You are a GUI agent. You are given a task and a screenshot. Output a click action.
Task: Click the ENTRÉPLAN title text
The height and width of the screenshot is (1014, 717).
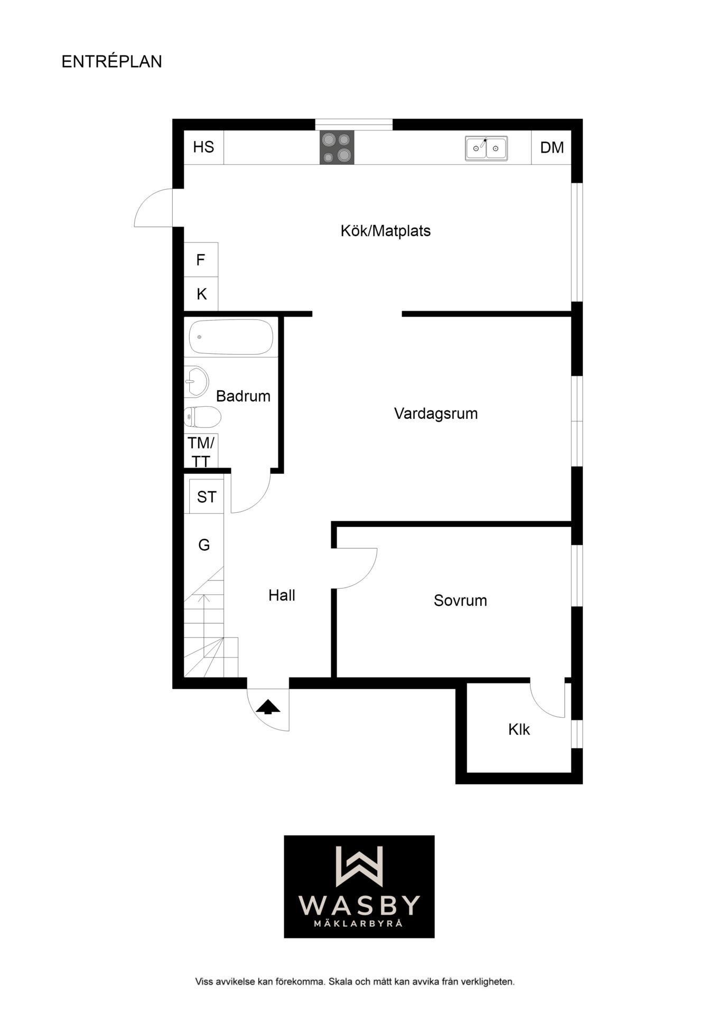click(x=111, y=61)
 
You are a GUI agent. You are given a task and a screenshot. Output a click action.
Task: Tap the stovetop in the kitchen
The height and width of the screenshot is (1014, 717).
click(x=337, y=147)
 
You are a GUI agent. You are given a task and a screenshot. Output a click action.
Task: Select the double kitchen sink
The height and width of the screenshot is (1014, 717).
click(x=486, y=148)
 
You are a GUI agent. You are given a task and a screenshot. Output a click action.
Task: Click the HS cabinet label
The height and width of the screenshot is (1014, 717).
click(x=203, y=147)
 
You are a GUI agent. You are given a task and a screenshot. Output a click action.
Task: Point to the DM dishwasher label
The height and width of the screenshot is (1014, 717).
click(x=552, y=147)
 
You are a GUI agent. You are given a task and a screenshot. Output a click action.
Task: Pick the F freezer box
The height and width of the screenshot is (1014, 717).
click(x=201, y=259)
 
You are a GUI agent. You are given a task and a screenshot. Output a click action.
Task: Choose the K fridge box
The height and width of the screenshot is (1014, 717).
click(x=201, y=294)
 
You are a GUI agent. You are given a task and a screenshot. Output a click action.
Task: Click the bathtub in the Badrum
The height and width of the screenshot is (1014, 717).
click(x=231, y=336)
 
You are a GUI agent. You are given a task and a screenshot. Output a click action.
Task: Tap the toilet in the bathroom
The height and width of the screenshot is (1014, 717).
click(x=202, y=417)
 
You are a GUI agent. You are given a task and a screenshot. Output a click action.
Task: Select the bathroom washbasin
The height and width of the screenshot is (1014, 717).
click(x=196, y=381)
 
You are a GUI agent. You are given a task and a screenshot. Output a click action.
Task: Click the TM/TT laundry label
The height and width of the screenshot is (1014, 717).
click(x=201, y=452)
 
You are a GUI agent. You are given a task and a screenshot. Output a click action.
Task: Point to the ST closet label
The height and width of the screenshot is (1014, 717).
click(x=207, y=496)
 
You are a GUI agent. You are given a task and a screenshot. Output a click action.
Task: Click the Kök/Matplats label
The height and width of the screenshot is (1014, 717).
click(x=386, y=231)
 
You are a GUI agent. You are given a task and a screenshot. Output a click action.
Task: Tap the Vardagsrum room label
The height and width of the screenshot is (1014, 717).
click(x=436, y=414)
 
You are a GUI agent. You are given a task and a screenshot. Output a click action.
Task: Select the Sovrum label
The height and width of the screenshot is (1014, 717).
click(x=460, y=600)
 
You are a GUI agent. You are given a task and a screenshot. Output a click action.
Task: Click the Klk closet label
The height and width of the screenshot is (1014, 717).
click(x=519, y=729)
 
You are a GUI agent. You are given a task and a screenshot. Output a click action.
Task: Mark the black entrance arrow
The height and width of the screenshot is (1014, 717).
click(x=268, y=707)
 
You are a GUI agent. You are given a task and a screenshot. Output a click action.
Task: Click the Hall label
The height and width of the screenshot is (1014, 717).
click(x=282, y=595)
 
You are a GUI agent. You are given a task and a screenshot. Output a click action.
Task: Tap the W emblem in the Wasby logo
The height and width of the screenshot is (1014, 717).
click(x=359, y=866)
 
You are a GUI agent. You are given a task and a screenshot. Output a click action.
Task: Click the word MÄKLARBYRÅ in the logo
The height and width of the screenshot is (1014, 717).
click(x=359, y=923)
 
